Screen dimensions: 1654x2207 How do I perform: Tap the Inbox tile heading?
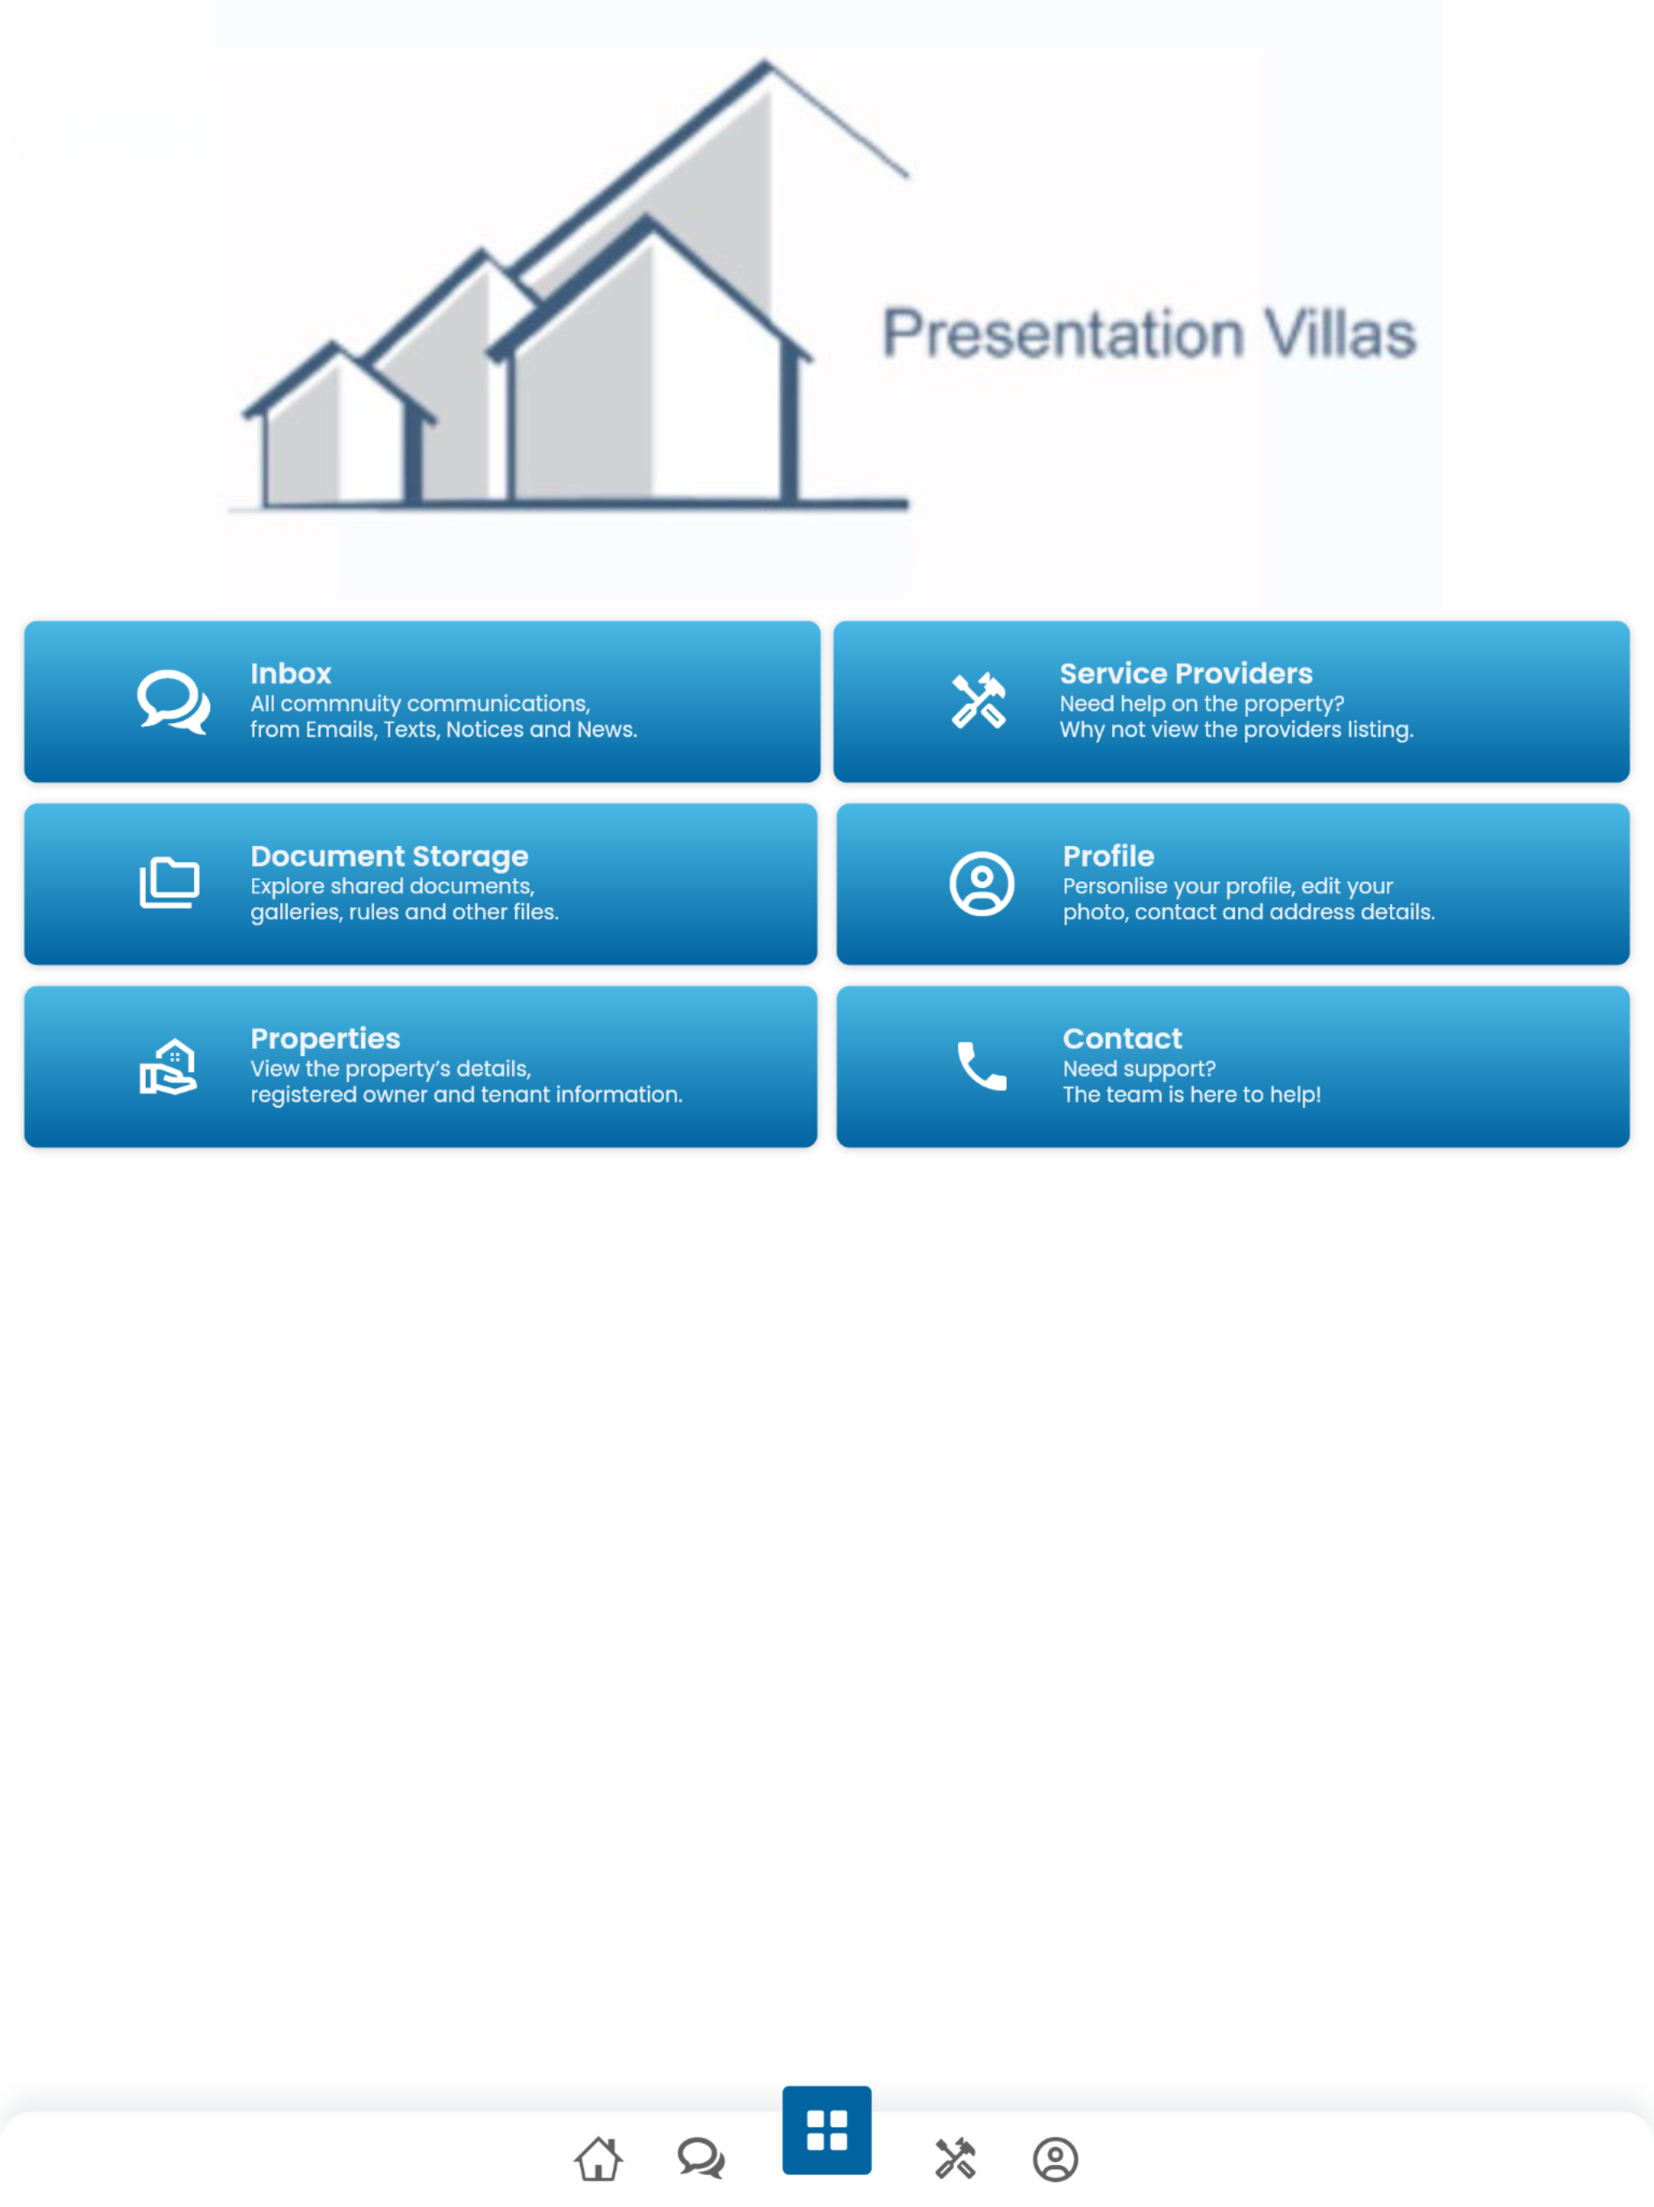pyautogui.click(x=290, y=674)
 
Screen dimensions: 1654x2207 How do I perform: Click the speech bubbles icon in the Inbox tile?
pyautogui.click(x=174, y=701)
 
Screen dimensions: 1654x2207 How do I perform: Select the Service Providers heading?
pyautogui.click(x=1185, y=674)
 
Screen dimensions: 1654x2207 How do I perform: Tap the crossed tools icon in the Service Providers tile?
pyautogui.click(x=979, y=700)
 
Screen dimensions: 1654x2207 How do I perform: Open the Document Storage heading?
pyautogui.click(x=389, y=857)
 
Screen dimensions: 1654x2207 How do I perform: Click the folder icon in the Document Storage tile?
pyautogui.click(x=170, y=883)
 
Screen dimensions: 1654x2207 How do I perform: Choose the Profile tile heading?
pyautogui.click(x=1108, y=856)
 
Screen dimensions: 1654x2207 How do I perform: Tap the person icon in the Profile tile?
pyautogui.click(x=981, y=883)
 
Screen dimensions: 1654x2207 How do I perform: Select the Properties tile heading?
pyautogui.click(x=325, y=1040)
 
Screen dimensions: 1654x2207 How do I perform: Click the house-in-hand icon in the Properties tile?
pyautogui.click(x=169, y=1066)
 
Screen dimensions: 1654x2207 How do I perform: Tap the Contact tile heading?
pyautogui.click(x=1123, y=1039)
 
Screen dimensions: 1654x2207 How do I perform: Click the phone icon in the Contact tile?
pyautogui.click(x=981, y=1066)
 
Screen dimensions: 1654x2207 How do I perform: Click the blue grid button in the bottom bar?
pyautogui.click(x=827, y=2129)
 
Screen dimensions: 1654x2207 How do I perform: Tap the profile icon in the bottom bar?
pyautogui.click(x=1056, y=2159)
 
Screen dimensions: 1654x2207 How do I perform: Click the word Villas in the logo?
pyautogui.click(x=1340, y=334)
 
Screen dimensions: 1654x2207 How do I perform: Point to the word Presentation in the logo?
pyautogui.click(x=1064, y=334)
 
